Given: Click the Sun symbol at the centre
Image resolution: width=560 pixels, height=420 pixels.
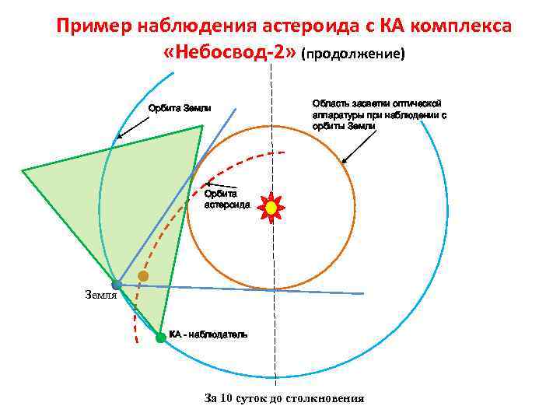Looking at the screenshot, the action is pos(271,208).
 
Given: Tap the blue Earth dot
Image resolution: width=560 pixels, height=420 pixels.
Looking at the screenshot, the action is pos(117,285).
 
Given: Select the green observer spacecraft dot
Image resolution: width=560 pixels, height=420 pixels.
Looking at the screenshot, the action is pos(160,338).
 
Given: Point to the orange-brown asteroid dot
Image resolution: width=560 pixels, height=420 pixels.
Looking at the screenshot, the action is pos(143,276).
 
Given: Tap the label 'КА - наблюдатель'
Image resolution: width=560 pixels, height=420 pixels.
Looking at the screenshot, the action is pos(208,334).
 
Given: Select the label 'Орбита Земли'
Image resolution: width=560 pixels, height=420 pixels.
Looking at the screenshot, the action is pos(180,108).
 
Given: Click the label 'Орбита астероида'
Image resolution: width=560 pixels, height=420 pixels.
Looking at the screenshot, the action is pos(226,199).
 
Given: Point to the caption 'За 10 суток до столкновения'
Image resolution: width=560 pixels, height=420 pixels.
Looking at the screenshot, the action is pos(284,398).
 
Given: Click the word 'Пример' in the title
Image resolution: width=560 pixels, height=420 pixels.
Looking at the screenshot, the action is pos(94,26).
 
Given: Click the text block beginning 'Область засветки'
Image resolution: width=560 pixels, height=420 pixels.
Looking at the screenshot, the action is pos(379,114).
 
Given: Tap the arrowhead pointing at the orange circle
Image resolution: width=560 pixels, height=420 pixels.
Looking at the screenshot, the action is pos(343,162).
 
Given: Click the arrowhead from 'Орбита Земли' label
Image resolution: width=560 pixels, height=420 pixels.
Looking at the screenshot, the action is pos(118,138).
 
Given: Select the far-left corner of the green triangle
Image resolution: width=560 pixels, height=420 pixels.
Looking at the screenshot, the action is pos(22,170).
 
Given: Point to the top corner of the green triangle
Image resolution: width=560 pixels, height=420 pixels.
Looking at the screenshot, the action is pos(202,126).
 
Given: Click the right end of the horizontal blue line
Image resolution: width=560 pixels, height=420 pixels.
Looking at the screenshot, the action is pos(363,293).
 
